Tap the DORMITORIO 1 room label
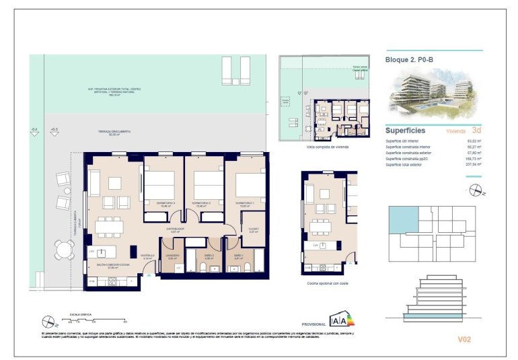pyautogui.click(x=244, y=203)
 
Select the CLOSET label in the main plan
pyautogui.click(x=254, y=228)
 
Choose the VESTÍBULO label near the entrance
pyautogui.click(x=147, y=255)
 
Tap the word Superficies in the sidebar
pyautogui.click(x=405, y=130)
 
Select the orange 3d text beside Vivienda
pyautogui.click(x=476, y=130)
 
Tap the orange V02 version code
pyautogui.click(x=464, y=340)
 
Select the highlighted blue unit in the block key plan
pyautogui.click(x=403, y=219)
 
